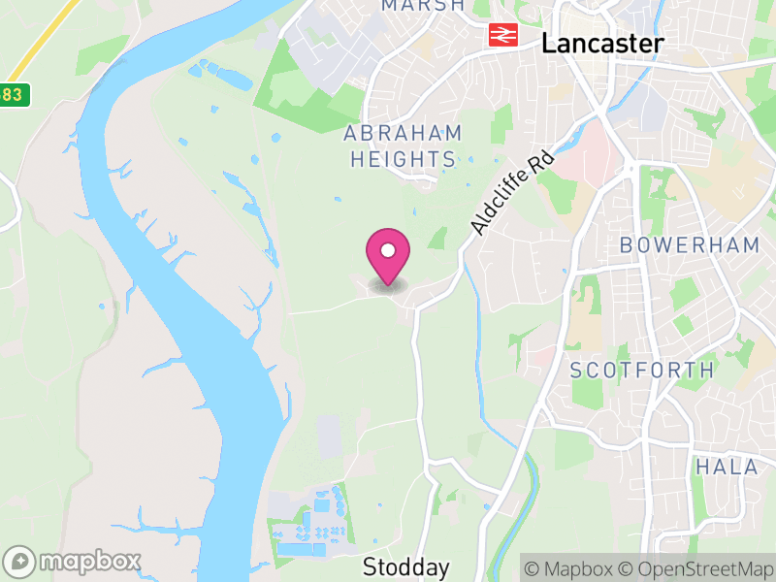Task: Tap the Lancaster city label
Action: point(602,43)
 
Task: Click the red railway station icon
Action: point(501,36)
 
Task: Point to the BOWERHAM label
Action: point(690,245)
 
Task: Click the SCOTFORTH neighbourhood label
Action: point(642,370)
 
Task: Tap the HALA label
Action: point(727,467)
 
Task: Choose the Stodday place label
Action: point(406,566)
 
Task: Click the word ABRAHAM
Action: point(403,134)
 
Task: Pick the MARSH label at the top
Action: point(422,6)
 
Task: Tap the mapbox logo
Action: point(73,562)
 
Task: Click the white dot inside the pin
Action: point(388,250)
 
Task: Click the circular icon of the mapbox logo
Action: point(19,562)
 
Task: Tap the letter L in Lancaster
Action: point(549,43)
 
